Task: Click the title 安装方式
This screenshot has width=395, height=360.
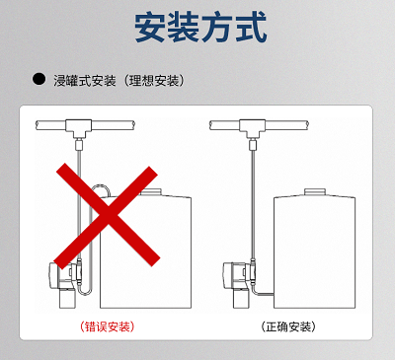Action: tap(200, 28)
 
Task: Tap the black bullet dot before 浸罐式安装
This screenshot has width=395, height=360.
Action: tap(39, 79)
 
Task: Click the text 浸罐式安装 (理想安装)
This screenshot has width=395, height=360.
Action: tap(118, 81)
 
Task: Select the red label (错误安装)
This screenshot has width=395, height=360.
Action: tap(108, 326)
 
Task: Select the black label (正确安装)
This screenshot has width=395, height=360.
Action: tap(288, 326)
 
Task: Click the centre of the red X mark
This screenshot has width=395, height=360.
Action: tap(107, 216)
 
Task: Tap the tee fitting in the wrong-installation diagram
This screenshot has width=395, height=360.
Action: tap(79, 128)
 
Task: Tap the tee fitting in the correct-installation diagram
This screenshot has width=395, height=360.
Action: tap(253, 128)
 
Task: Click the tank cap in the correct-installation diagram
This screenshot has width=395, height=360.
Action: tap(315, 192)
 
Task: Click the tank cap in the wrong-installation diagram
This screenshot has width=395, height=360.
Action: tap(150, 192)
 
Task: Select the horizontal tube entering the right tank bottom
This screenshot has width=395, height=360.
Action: tap(266, 294)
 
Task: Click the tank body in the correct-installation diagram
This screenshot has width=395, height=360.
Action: tap(315, 252)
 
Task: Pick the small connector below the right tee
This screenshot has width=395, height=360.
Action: tap(253, 144)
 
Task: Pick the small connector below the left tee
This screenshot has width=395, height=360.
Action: tap(79, 144)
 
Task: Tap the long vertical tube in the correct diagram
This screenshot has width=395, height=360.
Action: tap(253, 204)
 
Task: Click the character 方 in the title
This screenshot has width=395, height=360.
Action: tap(217, 28)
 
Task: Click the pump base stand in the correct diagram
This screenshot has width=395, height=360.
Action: tap(241, 299)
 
